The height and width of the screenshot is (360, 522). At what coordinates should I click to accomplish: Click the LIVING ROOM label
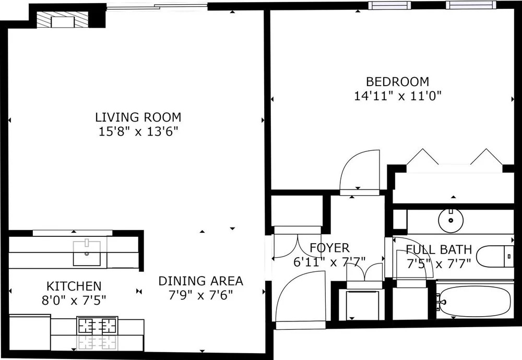[x=138, y=117]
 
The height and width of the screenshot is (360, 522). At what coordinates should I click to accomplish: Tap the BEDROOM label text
[x=397, y=81]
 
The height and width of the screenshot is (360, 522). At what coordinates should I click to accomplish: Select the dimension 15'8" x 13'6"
[x=138, y=131]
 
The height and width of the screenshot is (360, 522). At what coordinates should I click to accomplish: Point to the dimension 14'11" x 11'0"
[x=397, y=96]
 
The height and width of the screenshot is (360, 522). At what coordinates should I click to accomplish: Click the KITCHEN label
[x=74, y=286]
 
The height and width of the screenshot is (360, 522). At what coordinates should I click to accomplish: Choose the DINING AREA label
[x=201, y=281]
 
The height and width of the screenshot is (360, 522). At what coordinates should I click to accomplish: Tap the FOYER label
[x=329, y=248]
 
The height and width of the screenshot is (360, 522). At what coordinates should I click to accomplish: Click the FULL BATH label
[x=439, y=249]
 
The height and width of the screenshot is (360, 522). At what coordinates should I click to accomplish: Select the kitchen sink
[x=87, y=253]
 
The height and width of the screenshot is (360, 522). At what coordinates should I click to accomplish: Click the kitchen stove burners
[x=97, y=325]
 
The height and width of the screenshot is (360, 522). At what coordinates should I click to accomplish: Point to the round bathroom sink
[x=451, y=220]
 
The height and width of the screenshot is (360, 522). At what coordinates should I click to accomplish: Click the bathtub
[x=475, y=302]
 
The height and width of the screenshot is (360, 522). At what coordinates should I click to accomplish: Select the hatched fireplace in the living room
[x=62, y=21]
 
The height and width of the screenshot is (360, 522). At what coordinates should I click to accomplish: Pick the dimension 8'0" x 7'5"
[x=74, y=301]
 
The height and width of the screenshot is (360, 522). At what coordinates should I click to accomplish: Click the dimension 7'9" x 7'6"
[x=201, y=295]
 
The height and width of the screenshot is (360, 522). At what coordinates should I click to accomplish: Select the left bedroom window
[x=390, y=5]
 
